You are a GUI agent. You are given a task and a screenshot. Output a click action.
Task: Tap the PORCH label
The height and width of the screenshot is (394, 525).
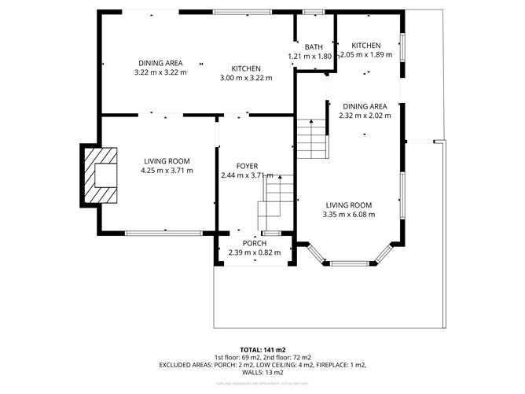click(x=255, y=242)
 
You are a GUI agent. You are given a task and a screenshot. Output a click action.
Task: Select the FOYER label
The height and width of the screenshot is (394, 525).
click(x=248, y=166)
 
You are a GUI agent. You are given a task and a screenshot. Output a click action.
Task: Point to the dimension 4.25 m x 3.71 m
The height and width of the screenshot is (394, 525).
click(x=167, y=171)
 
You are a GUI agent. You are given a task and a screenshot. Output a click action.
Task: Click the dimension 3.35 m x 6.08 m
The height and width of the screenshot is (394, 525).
click(x=351, y=214)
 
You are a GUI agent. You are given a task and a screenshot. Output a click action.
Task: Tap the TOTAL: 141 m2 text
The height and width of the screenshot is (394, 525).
click(x=262, y=348)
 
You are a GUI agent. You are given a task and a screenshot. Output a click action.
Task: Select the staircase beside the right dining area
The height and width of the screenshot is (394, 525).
click(x=311, y=138)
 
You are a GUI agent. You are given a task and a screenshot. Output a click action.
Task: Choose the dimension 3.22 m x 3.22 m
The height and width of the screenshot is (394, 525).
click(x=161, y=72)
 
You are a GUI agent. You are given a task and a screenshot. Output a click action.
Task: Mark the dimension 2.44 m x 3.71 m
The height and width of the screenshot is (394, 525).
click(x=248, y=175)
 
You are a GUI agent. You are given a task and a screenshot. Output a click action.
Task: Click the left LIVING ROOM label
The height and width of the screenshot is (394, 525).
click(x=167, y=161)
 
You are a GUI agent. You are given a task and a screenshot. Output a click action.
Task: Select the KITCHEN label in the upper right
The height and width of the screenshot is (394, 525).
click(x=366, y=46)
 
